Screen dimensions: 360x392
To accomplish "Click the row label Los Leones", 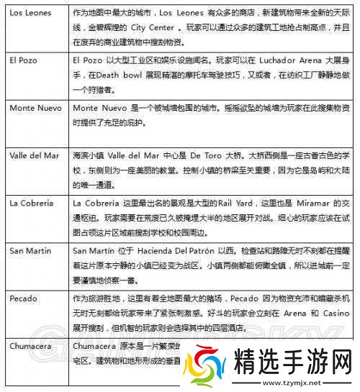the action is [29, 12].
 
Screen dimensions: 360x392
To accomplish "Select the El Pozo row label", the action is [23, 60].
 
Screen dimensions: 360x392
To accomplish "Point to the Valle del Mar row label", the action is [35, 155].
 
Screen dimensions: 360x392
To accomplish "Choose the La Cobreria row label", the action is [32, 202].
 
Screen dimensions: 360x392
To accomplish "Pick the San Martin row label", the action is [30, 250].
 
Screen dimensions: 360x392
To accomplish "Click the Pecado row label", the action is [22, 298].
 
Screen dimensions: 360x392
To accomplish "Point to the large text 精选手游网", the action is [292, 360].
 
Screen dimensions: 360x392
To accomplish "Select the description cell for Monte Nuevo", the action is [213, 114].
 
